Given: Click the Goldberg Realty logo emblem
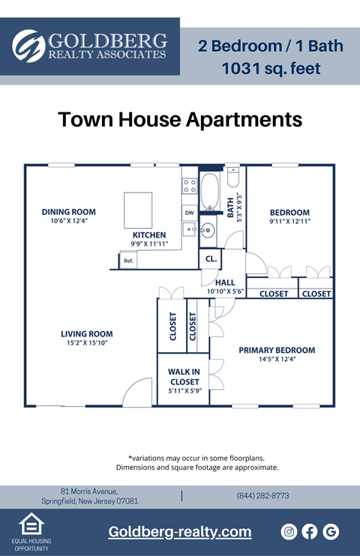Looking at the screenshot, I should point(28,46).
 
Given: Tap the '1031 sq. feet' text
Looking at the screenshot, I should point(271,69).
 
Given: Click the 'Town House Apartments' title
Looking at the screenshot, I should point(180,120).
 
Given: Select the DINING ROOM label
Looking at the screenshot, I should point(68,212).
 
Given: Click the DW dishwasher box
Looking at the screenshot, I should point(189,213).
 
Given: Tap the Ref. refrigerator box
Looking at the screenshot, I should point(128,261).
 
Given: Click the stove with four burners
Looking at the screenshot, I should point(190,186).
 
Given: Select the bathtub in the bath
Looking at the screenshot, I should point(210,193).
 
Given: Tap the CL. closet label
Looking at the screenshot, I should point(211,259).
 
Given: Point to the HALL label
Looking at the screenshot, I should point(225,282).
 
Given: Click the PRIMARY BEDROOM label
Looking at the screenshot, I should point(277,350).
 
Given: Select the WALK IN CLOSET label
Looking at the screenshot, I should point(184,377).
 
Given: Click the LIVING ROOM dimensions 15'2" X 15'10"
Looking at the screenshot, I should point(87,343).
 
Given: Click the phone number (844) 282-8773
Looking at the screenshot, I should point(262,496).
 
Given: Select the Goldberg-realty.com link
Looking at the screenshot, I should point(180,532).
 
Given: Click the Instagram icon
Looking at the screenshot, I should point(289,531).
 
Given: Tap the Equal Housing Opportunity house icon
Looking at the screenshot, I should point(31,523).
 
